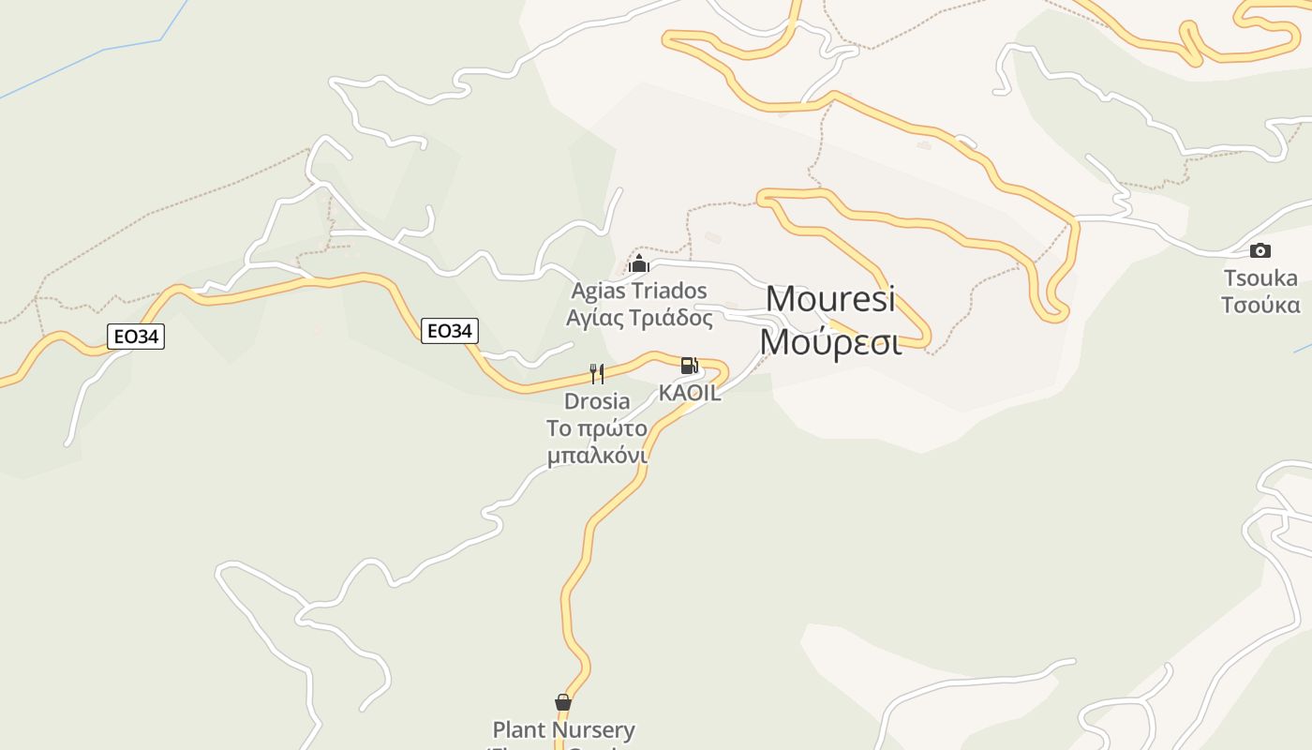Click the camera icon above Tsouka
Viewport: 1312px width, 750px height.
[x=1260, y=250]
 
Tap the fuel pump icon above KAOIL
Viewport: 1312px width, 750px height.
[x=689, y=366]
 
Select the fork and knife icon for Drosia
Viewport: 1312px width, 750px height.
[x=597, y=374]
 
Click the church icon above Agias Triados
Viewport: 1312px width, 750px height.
[x=639, y=263]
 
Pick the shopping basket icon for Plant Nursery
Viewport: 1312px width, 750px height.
[x=563, y=702]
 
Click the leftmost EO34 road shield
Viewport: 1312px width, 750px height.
[x=136, y=337]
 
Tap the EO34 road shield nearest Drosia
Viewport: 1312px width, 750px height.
[x=450, y=330]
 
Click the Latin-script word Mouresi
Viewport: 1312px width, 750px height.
[x=830, y=299]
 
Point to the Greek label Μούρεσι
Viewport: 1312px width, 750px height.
[x=830, y=342]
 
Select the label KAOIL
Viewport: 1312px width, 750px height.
[x=690, y=393]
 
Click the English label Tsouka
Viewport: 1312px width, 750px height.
[x=1260, y=277]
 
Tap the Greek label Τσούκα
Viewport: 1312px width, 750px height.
[x=1260, y=305]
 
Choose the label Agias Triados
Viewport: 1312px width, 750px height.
[x=639, y=291]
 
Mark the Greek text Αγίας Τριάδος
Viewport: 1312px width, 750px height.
[x=639, y=318]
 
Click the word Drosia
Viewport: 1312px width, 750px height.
[x=597, y=401]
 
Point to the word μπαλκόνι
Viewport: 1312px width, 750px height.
[x=597, y=456]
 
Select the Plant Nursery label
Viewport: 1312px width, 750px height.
[x=563, y=729]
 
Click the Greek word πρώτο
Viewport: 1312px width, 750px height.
[x=615, y=428]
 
